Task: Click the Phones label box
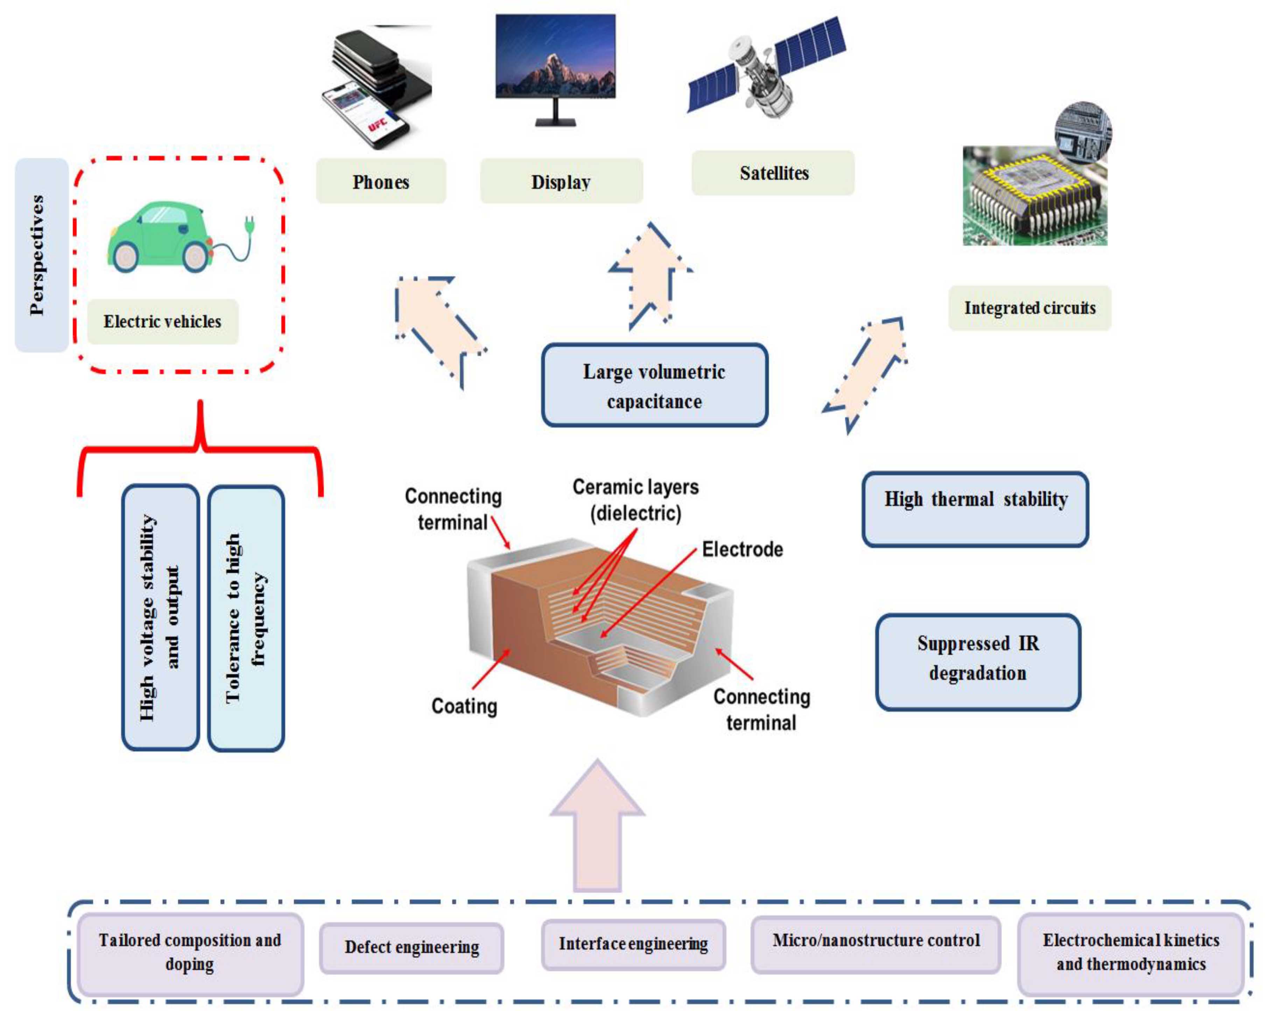[380, 182]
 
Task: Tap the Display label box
[561, 182]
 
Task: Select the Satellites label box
[773, 173]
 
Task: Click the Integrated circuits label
[1029, 307]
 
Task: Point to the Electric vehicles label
[163, 322]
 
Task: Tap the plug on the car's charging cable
[249, 225]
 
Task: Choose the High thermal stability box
[975, 508]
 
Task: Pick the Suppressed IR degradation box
[978, 661]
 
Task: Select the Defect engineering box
[412, 947]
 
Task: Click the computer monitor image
[555, 65]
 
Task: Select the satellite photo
[766, 68]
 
